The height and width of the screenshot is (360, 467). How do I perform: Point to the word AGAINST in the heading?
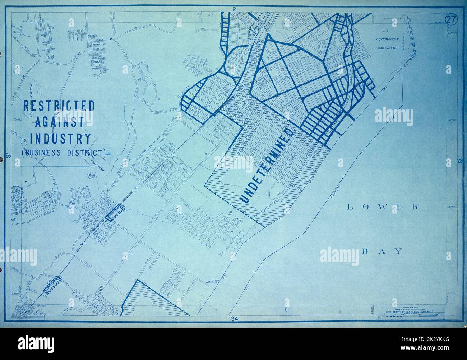tap(59, 122)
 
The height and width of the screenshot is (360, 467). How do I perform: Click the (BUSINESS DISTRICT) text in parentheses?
tap(64, 153)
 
